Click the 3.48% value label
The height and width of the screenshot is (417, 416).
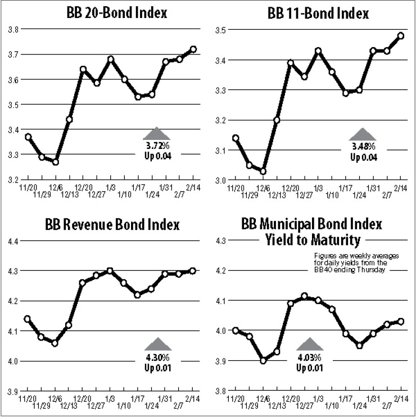(364, 147)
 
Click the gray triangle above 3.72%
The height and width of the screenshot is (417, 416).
(156, 133)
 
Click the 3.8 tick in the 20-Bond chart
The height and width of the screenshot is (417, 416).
(13, 29)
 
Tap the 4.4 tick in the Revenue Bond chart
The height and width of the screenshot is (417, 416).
(13, 241)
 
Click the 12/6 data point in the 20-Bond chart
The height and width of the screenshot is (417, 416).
(56, 162)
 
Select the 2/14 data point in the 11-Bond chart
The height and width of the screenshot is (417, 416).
(400, 35)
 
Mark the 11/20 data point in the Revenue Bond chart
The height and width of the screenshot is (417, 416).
(28, 319)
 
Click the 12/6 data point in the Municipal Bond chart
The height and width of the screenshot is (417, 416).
(263, 360)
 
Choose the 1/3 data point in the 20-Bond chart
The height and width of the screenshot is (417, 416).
(111, 59)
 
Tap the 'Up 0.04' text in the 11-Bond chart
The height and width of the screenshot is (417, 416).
(363, 157)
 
